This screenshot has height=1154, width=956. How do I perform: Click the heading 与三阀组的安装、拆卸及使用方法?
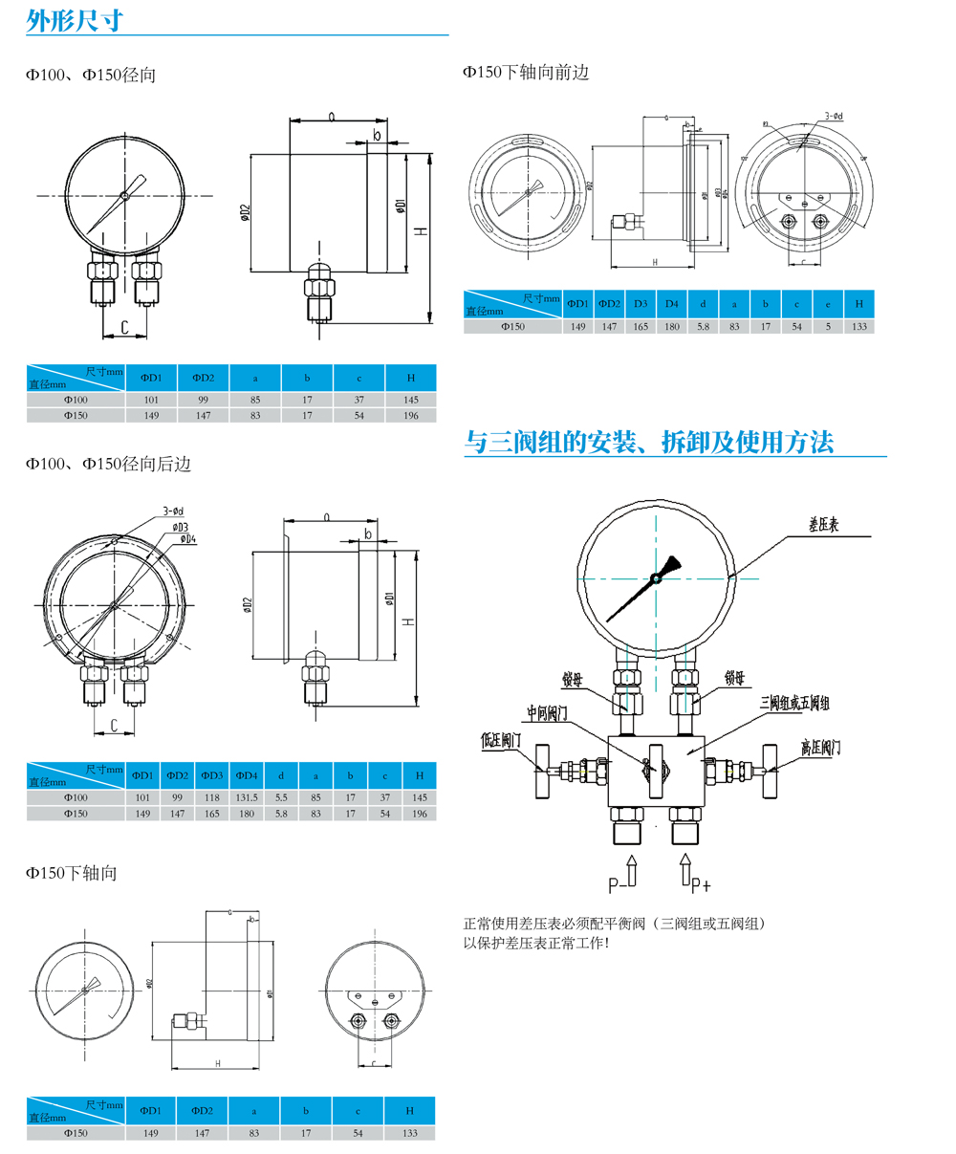pyautogui.click(x=648, y=442)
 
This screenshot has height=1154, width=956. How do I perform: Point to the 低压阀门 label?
pyautogui.click(x=502, y=739)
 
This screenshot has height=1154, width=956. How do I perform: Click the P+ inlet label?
pyautogui.click(x=701, y=883)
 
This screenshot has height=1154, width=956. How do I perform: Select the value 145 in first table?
pyautogui.click(x=410, y=400)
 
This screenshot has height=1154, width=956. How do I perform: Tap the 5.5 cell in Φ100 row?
pyautogui.click(x=281, y=797)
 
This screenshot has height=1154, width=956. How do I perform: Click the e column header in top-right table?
pyautogui.click(x=828, y=304)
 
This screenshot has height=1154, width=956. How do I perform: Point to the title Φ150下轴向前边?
pyautogui.click(x=526, y=72)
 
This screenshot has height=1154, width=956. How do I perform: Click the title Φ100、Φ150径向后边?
pyautogui.click(x=108, y=464)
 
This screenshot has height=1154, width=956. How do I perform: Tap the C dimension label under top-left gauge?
pyautogui.click(x=124, y=328)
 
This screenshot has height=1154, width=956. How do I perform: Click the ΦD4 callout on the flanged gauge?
pyautogui.click(x=185, y=539)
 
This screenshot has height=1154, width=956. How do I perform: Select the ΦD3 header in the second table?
pyautogui.click(x=212, y=774)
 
